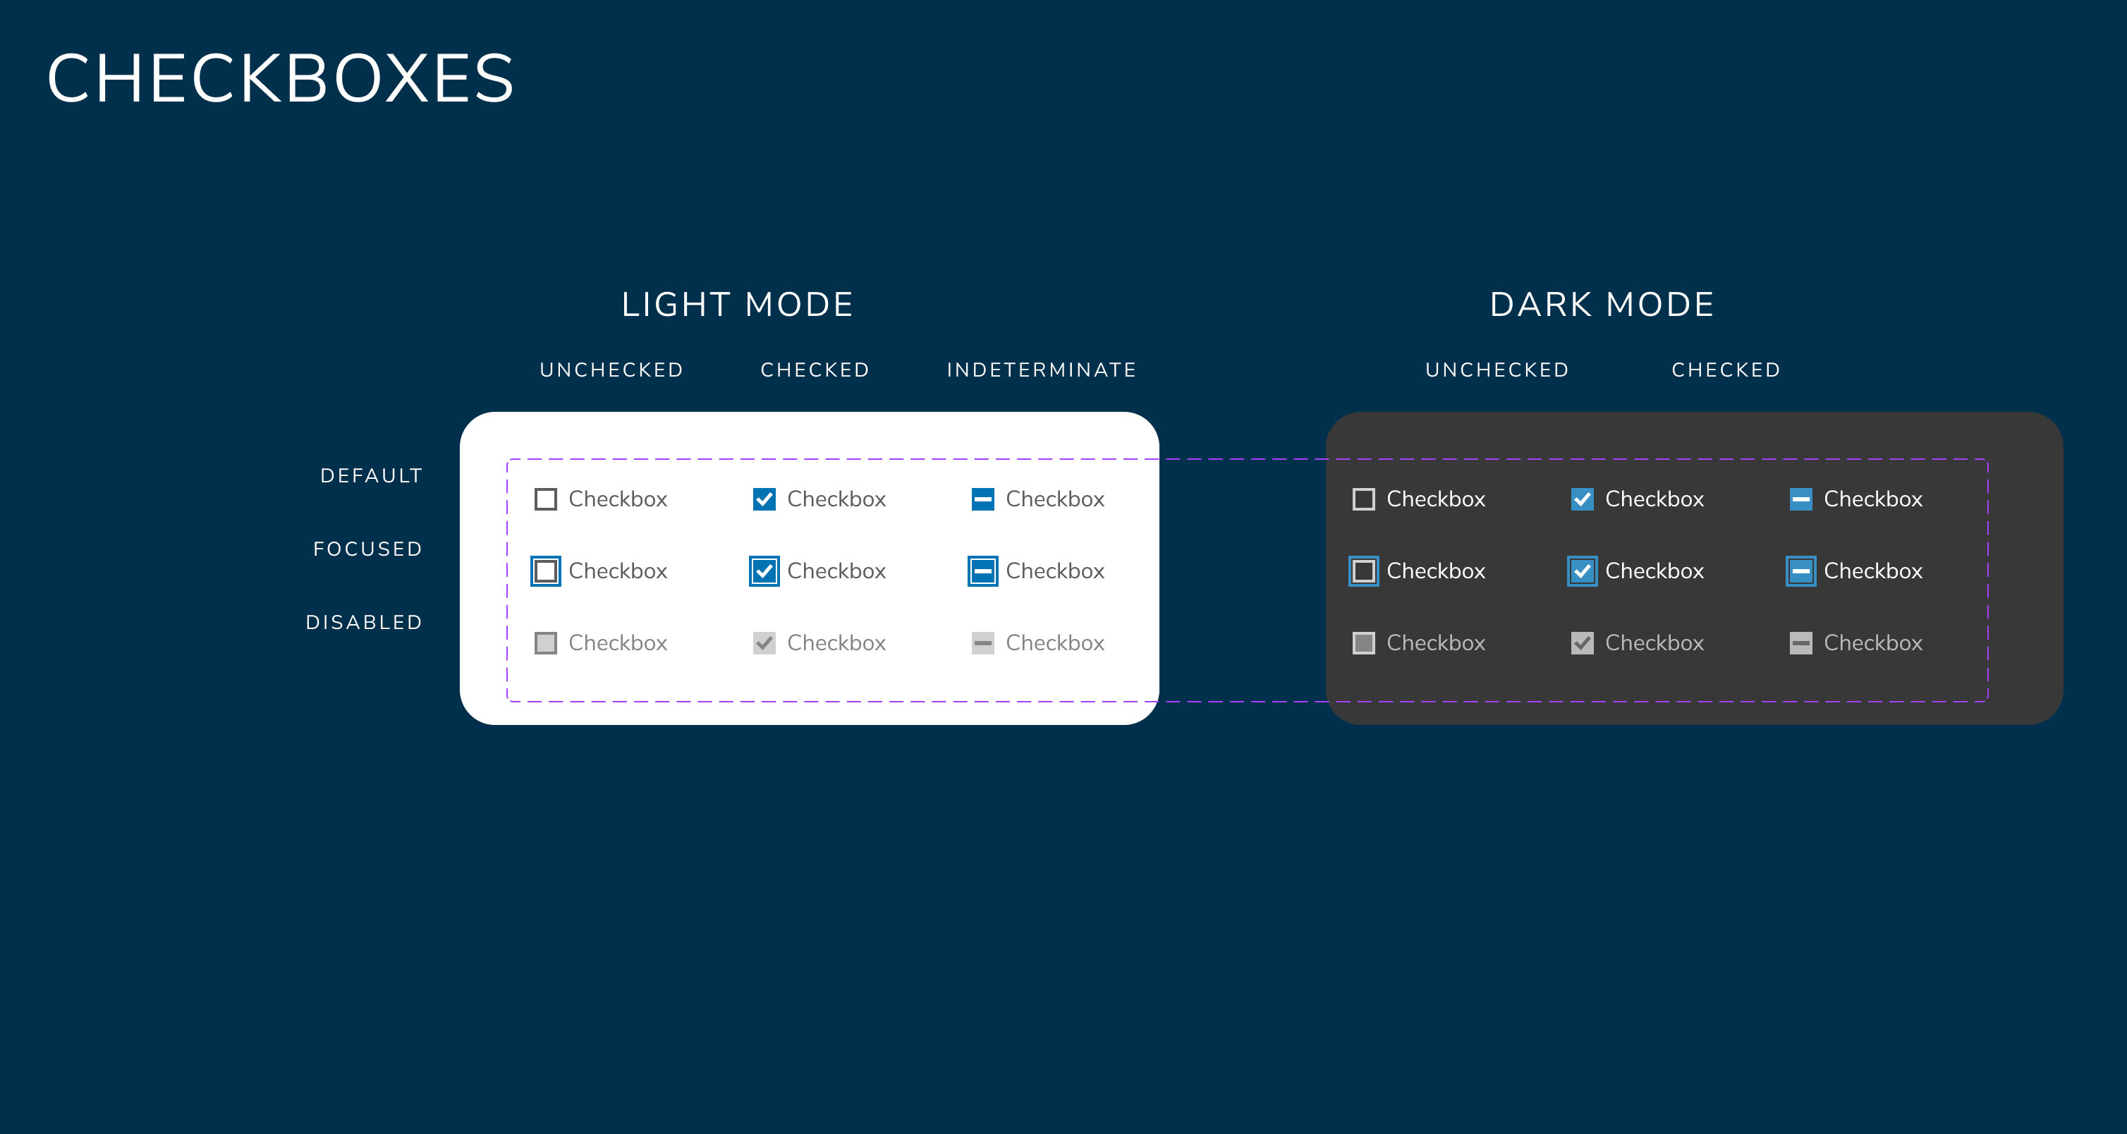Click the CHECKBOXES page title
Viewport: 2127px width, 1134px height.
pos(281,78)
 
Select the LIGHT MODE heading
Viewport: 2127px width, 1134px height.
pos(738,305)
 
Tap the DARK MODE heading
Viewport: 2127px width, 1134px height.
pos(1602,305)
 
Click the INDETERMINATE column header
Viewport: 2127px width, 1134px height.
pos(1041,370)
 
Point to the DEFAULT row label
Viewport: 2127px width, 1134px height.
pos(372,476)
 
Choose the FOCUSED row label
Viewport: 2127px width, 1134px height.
pos(368,549)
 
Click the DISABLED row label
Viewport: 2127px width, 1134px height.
pos(364,622)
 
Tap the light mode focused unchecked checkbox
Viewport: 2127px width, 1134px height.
pos(546,571)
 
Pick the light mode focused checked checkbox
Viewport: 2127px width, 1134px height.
pos(764,571)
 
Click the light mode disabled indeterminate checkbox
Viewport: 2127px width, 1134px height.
pos(982,643)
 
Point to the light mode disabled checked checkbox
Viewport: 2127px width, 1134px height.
pos(764,643)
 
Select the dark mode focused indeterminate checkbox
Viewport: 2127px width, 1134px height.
pos(1801,571)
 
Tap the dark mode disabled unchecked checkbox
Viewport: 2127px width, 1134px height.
pos(1364,643)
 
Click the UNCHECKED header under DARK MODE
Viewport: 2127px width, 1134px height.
pos(1497,370)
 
